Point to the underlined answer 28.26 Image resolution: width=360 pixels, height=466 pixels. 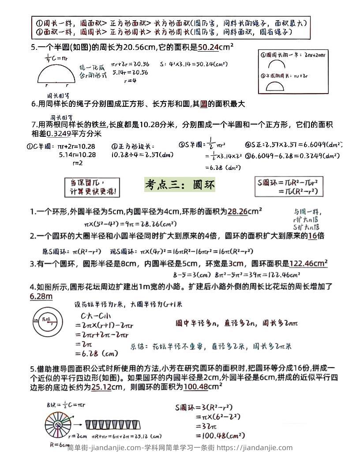(x=237, y=212)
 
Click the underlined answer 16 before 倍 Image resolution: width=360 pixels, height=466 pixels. (x=312, y=236)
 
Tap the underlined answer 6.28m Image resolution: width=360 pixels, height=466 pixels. (x=41, y=297)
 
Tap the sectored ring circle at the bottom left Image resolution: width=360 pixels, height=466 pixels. (x=57, y=425)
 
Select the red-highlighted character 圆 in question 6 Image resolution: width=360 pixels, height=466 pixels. (x=203, y=105)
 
